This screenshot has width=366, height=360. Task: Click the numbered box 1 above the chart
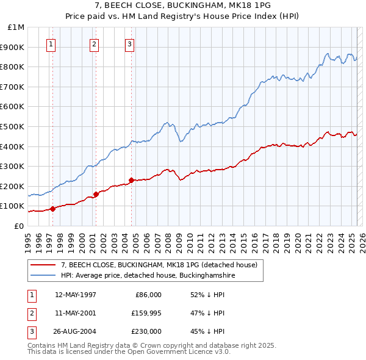(x=51, y=43)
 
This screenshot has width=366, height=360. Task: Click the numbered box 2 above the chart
(x=94, y=43)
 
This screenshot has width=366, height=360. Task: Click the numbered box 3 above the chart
(x=130, y=43)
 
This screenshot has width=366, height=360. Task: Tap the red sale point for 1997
(x=53, y=209)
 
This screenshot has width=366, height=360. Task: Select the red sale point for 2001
(x=96, y=194)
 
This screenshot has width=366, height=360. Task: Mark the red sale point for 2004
(x=131, y=180)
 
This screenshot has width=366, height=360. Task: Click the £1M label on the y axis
(x=16, y=27)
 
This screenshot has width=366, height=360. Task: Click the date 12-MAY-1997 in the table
(x=75, y=295)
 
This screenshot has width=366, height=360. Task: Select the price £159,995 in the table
(x=145, y=313)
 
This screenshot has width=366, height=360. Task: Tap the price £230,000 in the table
(x=145, y=331)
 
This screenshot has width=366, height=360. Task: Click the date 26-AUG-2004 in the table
(x=75, y=331)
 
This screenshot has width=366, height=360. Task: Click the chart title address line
(x=183, y=6)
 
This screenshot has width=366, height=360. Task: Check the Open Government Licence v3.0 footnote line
(x=129, y=352)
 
